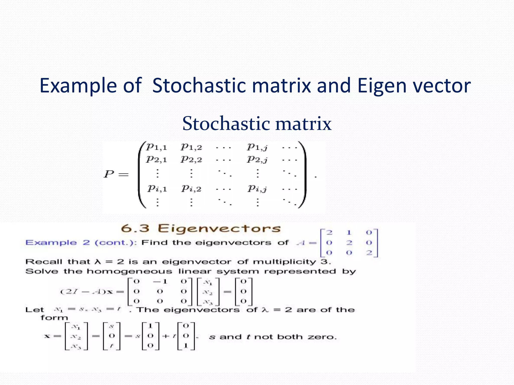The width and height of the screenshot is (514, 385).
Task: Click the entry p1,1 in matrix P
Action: click(x=157, y=147)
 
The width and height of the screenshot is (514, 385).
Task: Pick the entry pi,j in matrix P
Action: click(x=257, y=188)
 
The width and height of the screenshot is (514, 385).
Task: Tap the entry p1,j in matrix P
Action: click(x=257, y=147)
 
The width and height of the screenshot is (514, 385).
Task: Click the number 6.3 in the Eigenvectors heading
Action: click(x=135, y=228)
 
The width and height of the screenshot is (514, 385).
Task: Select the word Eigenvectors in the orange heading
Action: click(x=219, y=229)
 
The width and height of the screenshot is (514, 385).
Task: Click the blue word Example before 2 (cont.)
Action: click(x=51, y=243)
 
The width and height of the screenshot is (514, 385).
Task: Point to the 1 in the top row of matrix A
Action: click(x=349, y=233)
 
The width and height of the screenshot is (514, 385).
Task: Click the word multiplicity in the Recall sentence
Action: click(x=284, y=262)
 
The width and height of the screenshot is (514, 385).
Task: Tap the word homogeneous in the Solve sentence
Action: click(x=129, y=271)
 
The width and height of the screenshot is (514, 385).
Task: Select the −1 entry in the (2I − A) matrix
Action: click(x=160, y=281)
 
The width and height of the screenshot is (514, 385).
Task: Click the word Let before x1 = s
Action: click(x=35, y=310)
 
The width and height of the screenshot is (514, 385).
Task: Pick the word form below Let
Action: click(x=54, y=318)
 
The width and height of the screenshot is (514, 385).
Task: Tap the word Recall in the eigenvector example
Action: click(x=44, y=262)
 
